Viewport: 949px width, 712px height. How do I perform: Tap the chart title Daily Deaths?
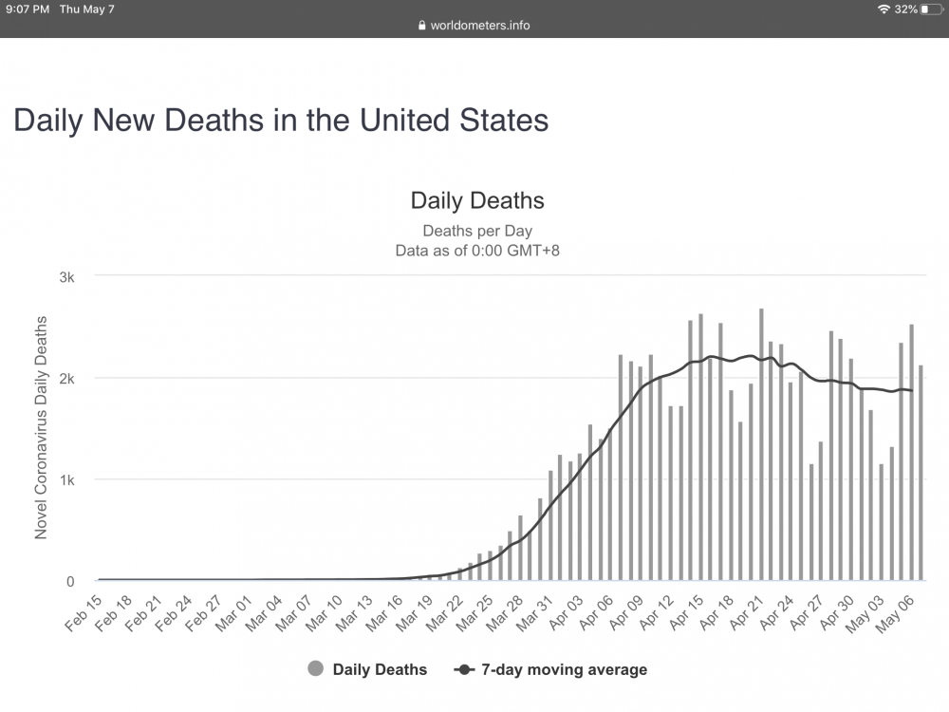coord(477,200)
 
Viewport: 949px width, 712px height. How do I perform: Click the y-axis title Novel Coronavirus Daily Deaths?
coord(41,428)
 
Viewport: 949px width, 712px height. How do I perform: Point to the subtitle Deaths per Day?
coord(477,231)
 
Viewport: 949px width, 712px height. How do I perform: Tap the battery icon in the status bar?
coord(929,9)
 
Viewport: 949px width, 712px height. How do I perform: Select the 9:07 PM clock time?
coord(28,9)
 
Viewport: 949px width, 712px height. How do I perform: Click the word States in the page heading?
coord(498,121)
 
